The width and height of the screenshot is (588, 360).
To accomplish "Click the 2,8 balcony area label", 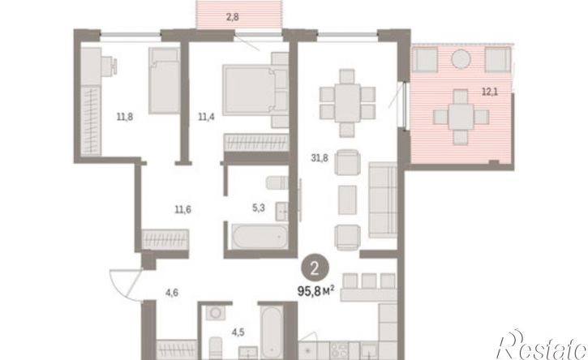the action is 233,17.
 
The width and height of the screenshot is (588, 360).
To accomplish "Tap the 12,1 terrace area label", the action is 490,91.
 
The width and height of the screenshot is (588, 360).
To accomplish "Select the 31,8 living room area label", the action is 320,158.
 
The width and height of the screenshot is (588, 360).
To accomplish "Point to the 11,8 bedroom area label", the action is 125,117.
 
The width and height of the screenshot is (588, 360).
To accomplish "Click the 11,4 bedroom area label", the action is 206,117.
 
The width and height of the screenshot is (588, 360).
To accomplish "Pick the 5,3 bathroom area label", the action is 259,208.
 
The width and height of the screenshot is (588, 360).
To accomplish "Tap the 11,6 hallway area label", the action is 183,209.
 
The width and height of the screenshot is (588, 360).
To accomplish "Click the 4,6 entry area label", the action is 172,293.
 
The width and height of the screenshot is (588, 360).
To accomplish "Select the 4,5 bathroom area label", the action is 238,332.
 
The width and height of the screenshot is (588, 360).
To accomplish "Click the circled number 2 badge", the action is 315,268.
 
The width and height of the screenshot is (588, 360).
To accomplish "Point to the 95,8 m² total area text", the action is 315,290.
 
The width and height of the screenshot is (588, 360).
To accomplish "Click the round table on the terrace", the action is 461,59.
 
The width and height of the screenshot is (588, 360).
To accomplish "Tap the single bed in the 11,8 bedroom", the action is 165,80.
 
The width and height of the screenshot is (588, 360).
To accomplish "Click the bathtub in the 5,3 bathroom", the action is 260,236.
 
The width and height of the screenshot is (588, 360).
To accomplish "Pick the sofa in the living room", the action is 383,200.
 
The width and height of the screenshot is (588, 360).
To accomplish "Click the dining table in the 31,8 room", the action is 348,103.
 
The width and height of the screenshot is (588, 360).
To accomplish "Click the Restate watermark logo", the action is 542,345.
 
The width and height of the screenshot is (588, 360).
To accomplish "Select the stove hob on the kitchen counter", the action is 339,350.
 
